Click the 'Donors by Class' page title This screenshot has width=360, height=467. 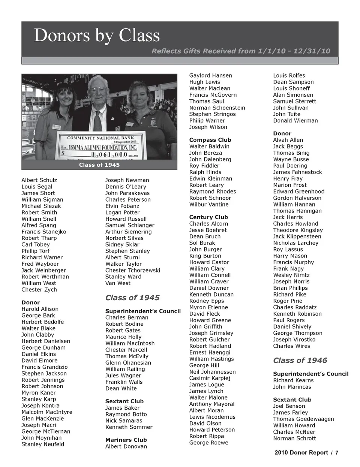[x=97, y=36]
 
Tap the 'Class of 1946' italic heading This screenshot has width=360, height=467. [x=300, y=361]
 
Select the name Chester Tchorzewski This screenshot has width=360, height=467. [x=132, y=271]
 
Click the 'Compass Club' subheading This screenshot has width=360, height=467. [x=210, y=140]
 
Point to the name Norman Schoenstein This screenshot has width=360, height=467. [x=217, y=108]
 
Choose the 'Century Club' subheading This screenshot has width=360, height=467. [x=208, y=217]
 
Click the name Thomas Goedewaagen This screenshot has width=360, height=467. [x=303, y=419]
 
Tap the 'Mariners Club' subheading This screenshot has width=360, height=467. [x=126, y=440]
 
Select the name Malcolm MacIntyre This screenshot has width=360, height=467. [x=47, y=412]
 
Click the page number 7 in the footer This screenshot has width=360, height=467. [x=337, y=453]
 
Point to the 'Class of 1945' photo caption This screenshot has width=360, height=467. [x=99, y=165]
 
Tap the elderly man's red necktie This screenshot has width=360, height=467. [x=98, y=120]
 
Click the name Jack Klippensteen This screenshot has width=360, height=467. [x=297, y=237]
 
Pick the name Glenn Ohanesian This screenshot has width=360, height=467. [x=128, y=363]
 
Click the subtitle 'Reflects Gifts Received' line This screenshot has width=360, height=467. [x=241, y=51]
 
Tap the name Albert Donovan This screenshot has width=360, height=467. [x=126, y=447]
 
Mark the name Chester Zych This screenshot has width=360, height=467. [x=39, y=290]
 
